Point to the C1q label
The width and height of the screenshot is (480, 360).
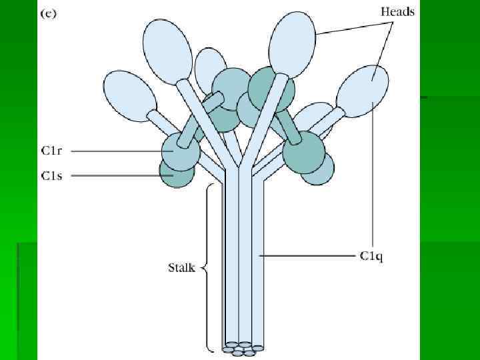(371, 255)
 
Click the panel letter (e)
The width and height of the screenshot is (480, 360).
(49, 14)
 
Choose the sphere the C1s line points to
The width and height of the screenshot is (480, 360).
(175, 173)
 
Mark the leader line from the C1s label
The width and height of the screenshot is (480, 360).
(117, 175)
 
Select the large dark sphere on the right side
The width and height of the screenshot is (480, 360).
(303, 152)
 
